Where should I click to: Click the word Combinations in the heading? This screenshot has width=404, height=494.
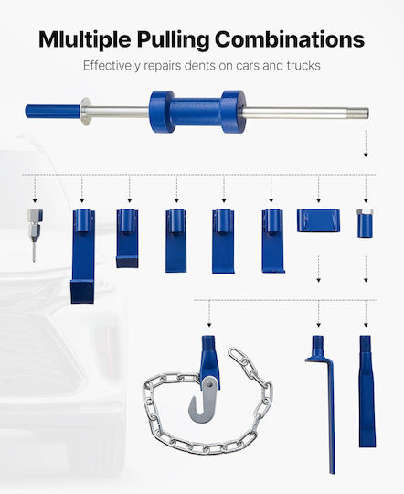(290, 39)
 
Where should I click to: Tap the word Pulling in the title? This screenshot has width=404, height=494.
(173, 40)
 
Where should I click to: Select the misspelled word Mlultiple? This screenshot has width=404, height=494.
(85, 40)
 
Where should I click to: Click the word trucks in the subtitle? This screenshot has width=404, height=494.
(303, 66)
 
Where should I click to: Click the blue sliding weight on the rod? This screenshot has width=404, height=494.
(197, 112)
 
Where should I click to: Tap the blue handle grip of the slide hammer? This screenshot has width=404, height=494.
(53, 112)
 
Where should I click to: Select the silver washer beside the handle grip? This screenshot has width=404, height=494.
(85, 112)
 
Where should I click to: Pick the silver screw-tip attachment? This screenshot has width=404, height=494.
(35, 235)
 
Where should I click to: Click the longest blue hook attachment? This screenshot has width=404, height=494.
(83, 256)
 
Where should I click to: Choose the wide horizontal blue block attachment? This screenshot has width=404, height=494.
(318, 220)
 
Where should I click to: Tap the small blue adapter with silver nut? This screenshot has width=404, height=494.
(366, 222)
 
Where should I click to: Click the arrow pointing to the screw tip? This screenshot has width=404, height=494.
(35, 189)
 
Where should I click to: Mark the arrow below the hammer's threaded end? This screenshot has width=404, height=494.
(366, 144)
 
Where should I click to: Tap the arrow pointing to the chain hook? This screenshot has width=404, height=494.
(209, 314)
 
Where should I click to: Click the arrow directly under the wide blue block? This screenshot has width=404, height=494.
(318, 268)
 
